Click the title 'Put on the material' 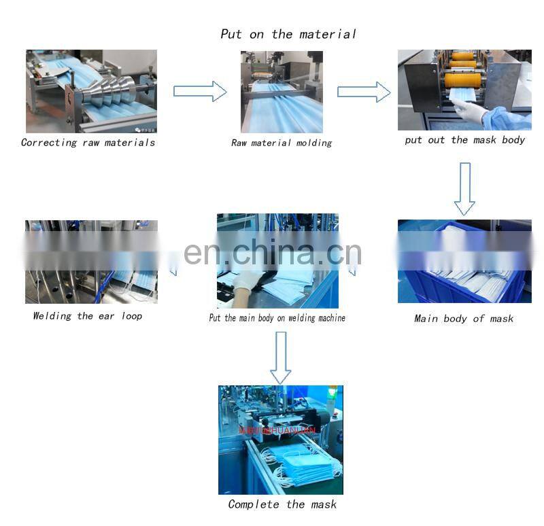coord(288,33)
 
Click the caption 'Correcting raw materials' coord(88,143)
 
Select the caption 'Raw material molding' coord(282,143)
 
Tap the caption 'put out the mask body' coord(465,140)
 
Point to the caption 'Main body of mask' coord(464,319)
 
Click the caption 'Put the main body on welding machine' coord(277,317)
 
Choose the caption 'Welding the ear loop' coord(88,316)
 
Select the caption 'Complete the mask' coord(282,504)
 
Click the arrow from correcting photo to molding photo coord(200,91)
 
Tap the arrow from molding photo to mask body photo coord(364,91)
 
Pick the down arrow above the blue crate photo coord(464,188)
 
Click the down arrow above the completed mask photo coord(280,357)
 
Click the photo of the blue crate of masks coord(464,261)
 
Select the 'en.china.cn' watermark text coord(273,252)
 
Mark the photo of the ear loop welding coord(91,262)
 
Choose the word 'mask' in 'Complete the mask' coord(322,504)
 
